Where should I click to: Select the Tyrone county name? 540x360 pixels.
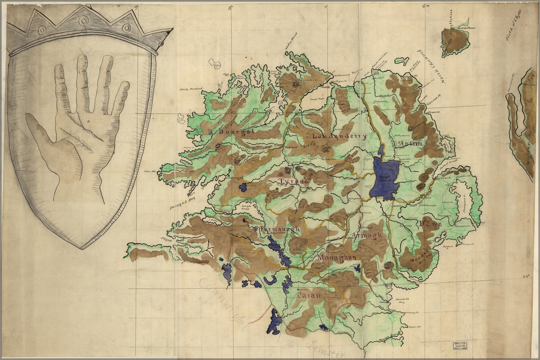click(293, 181)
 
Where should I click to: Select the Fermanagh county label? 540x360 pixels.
click(280, 229)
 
